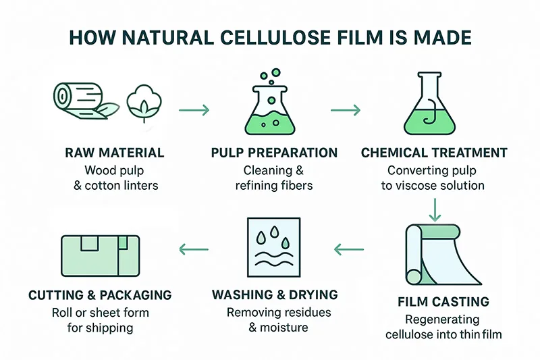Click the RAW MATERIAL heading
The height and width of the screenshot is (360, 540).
tap(114, 153)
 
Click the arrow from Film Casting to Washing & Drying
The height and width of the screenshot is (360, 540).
tap(349, 251)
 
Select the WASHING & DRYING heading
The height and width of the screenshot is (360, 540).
tap(275, 295)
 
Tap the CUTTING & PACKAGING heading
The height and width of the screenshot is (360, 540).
tap(100, 295)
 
